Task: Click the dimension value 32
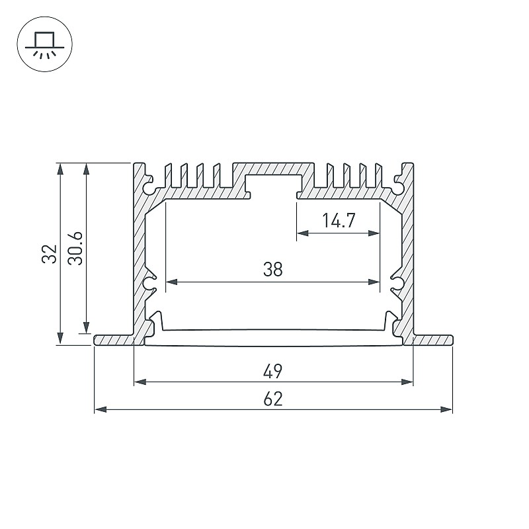click(x=49, y=254)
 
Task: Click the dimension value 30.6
click(x=75, y=249)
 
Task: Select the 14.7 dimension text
click(x=339, y=220)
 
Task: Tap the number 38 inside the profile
click(x=272, y=270)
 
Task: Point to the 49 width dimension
click(x=272, y=372)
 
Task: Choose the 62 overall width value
click(x=272, y=399)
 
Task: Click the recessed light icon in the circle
click(x=44, y=45)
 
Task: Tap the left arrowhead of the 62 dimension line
click(x=101, y=409)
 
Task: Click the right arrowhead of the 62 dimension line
click(x=446, y=409)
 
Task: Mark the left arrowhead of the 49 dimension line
click(x=140, y=382)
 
